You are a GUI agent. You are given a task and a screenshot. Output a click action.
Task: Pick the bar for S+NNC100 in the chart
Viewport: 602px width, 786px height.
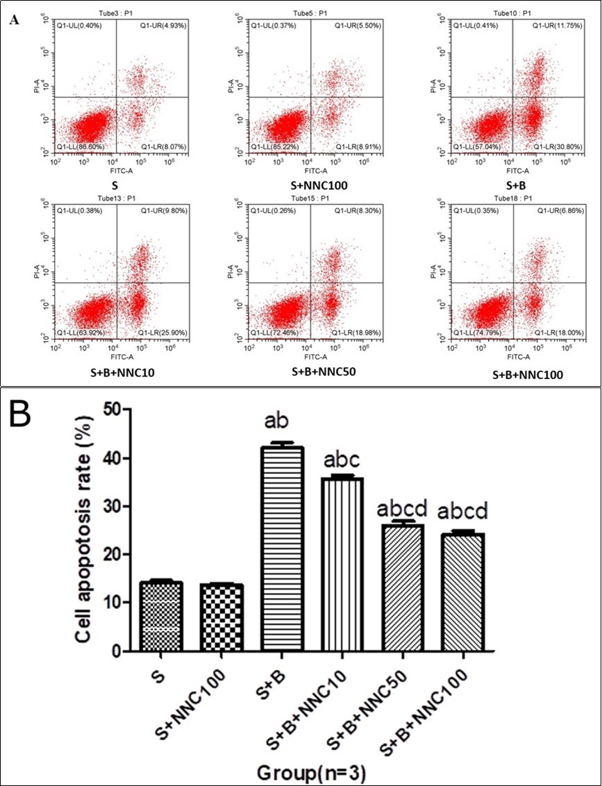point(221,617)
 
